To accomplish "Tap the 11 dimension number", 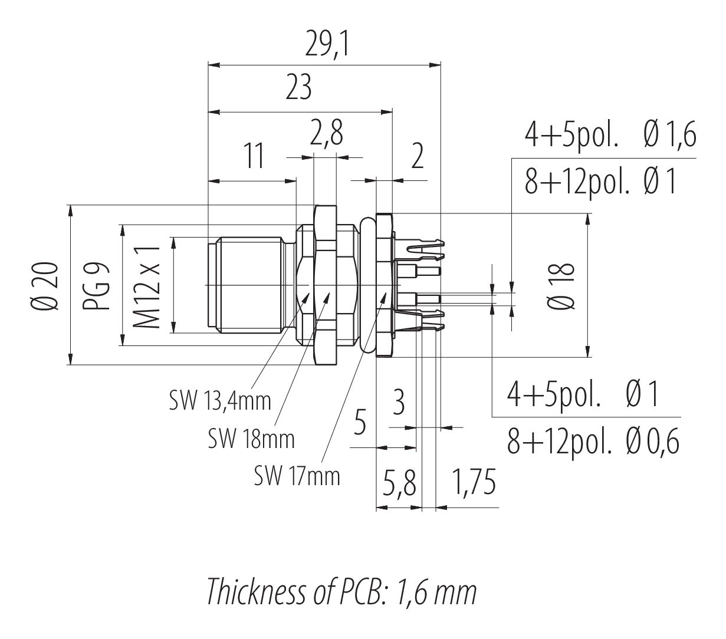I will click(254, 157).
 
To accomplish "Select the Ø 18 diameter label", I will click(560, 286).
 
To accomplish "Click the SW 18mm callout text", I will click(251, 438).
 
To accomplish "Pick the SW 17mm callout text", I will click(297, 475).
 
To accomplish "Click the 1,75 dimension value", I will click(473, 483).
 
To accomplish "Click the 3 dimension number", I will click(399, 404).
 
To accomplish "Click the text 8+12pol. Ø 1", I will click(600, 182).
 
